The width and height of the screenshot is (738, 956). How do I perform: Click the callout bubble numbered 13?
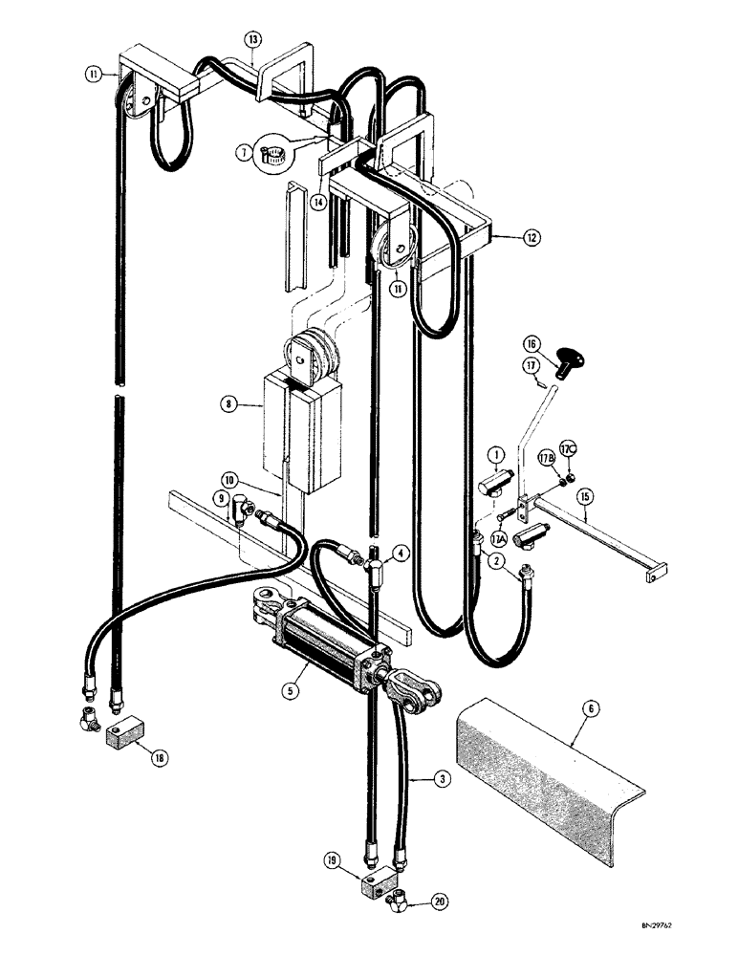(x=252, y=40)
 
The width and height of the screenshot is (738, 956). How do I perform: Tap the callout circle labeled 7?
(x=246, y=151)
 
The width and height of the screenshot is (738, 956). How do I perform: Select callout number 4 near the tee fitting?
(x=401, y=552)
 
